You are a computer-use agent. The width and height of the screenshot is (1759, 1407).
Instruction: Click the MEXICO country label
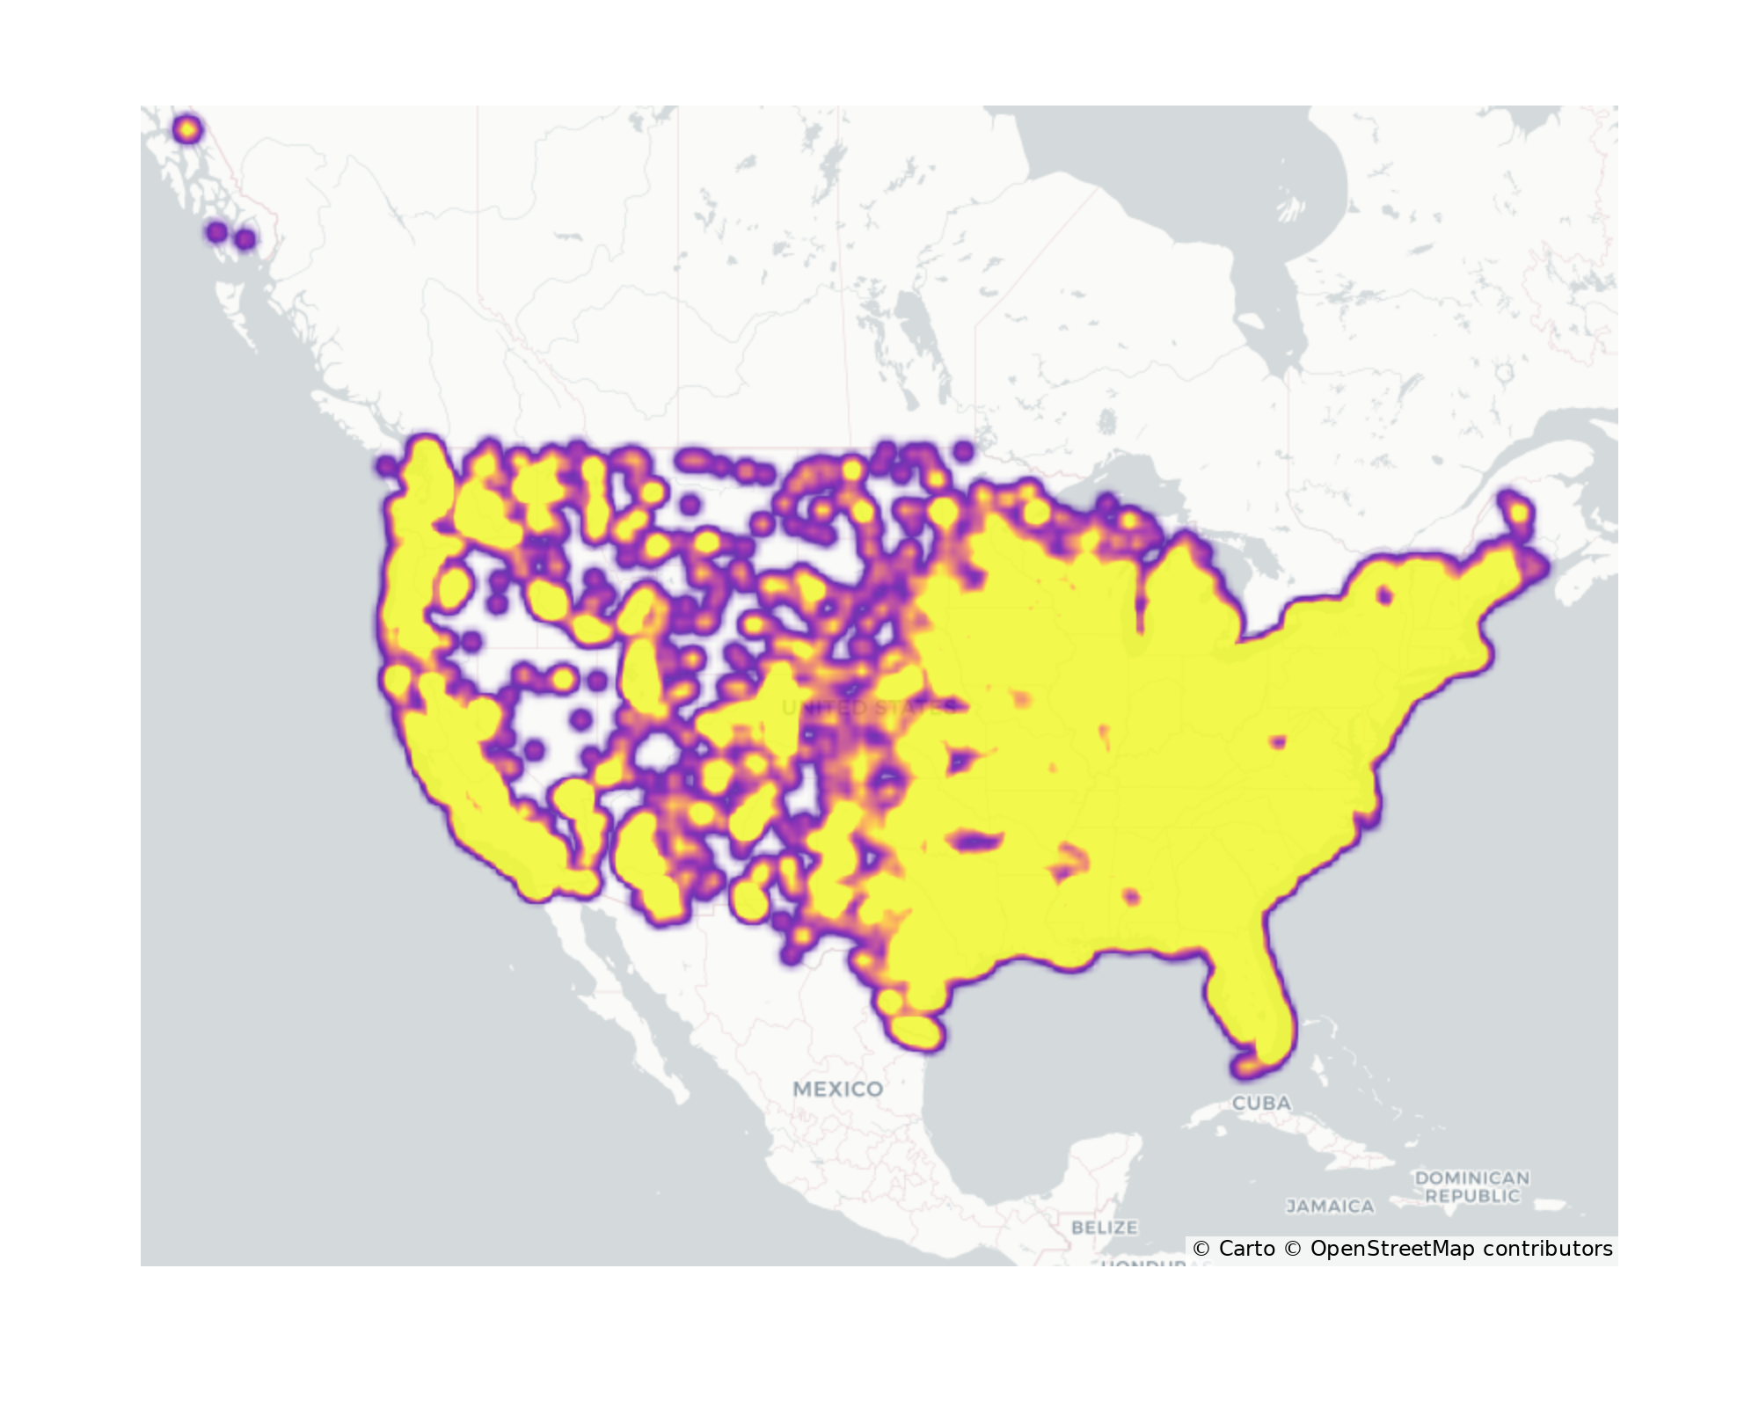[837, 1089]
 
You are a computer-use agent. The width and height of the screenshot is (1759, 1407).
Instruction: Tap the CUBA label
[1261, 1103]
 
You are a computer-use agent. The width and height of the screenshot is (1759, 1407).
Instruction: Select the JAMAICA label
[1330, 1207]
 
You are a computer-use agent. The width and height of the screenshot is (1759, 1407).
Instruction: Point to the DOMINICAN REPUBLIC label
[1471, 1186]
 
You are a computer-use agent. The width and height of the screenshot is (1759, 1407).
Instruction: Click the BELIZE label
[1104, 1227]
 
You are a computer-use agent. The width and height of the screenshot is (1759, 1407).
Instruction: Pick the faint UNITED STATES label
[866, 708]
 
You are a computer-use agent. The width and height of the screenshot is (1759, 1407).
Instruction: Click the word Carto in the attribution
[1246, 1249]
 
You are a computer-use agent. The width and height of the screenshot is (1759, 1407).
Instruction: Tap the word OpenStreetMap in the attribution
[1391, 1249]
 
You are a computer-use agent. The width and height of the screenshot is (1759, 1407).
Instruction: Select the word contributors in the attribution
[1548, 1249]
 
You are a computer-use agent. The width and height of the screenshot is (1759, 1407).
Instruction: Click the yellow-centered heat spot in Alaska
[186, 130]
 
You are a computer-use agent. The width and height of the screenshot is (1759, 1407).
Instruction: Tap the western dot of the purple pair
[216, 233]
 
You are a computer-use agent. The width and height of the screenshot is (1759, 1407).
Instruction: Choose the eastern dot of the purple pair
[246, 239]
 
